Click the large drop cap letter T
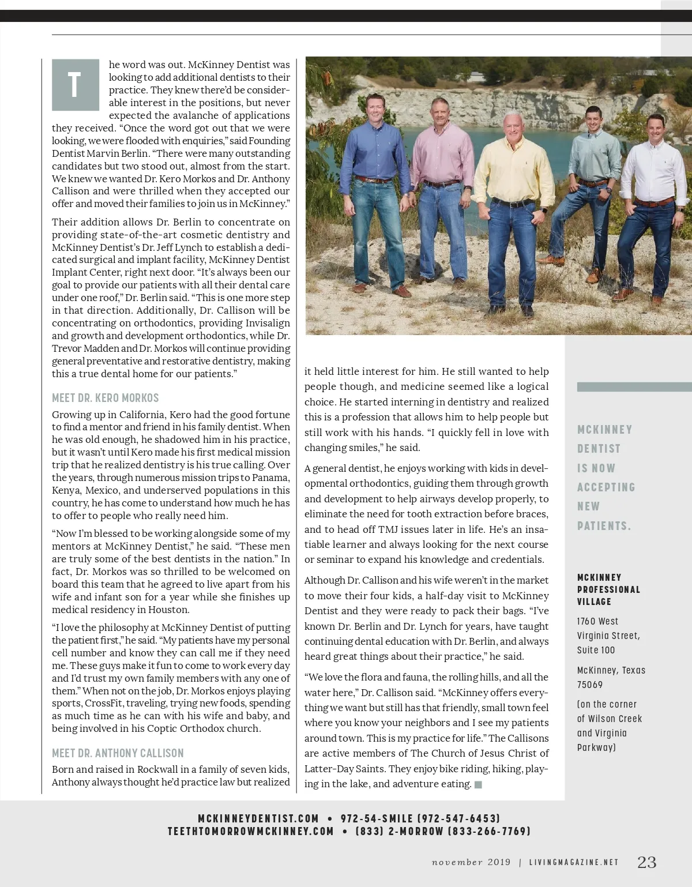coord(75,84)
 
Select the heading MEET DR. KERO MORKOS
coord(105,398)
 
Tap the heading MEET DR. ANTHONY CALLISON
coord(118,753)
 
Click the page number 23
coord(646,862)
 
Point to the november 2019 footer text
coord(471,862)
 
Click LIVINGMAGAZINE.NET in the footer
coord(574,862)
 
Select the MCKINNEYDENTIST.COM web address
coord(258,818)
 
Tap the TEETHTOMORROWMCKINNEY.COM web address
coord(251,831)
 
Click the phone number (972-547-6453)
coord(458,818)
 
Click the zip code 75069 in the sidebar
coord(590,685)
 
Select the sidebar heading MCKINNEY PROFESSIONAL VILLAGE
coord(608,589)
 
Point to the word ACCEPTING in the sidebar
coord(606,487)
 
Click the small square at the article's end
coord(477,784)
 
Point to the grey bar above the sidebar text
coord(634,386)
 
